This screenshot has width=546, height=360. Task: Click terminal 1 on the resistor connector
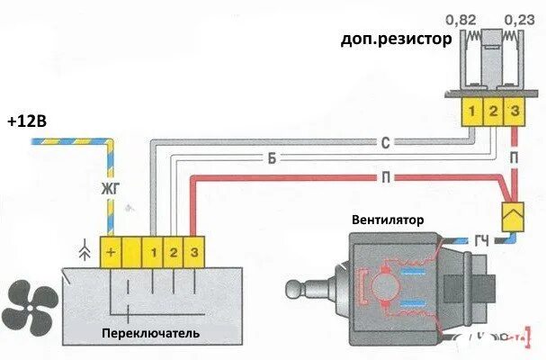pyautogui.click(x=471, y=112)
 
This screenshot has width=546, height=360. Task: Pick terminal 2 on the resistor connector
pyautogui.click(x=493, y=112)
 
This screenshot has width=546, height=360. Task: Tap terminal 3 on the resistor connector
pyautogui.click(x=514, y=112)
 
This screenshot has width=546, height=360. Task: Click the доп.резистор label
pyautogui.click(x=396, y=40)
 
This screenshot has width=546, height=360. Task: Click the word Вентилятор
pyautogui.click(x=389, y=219)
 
